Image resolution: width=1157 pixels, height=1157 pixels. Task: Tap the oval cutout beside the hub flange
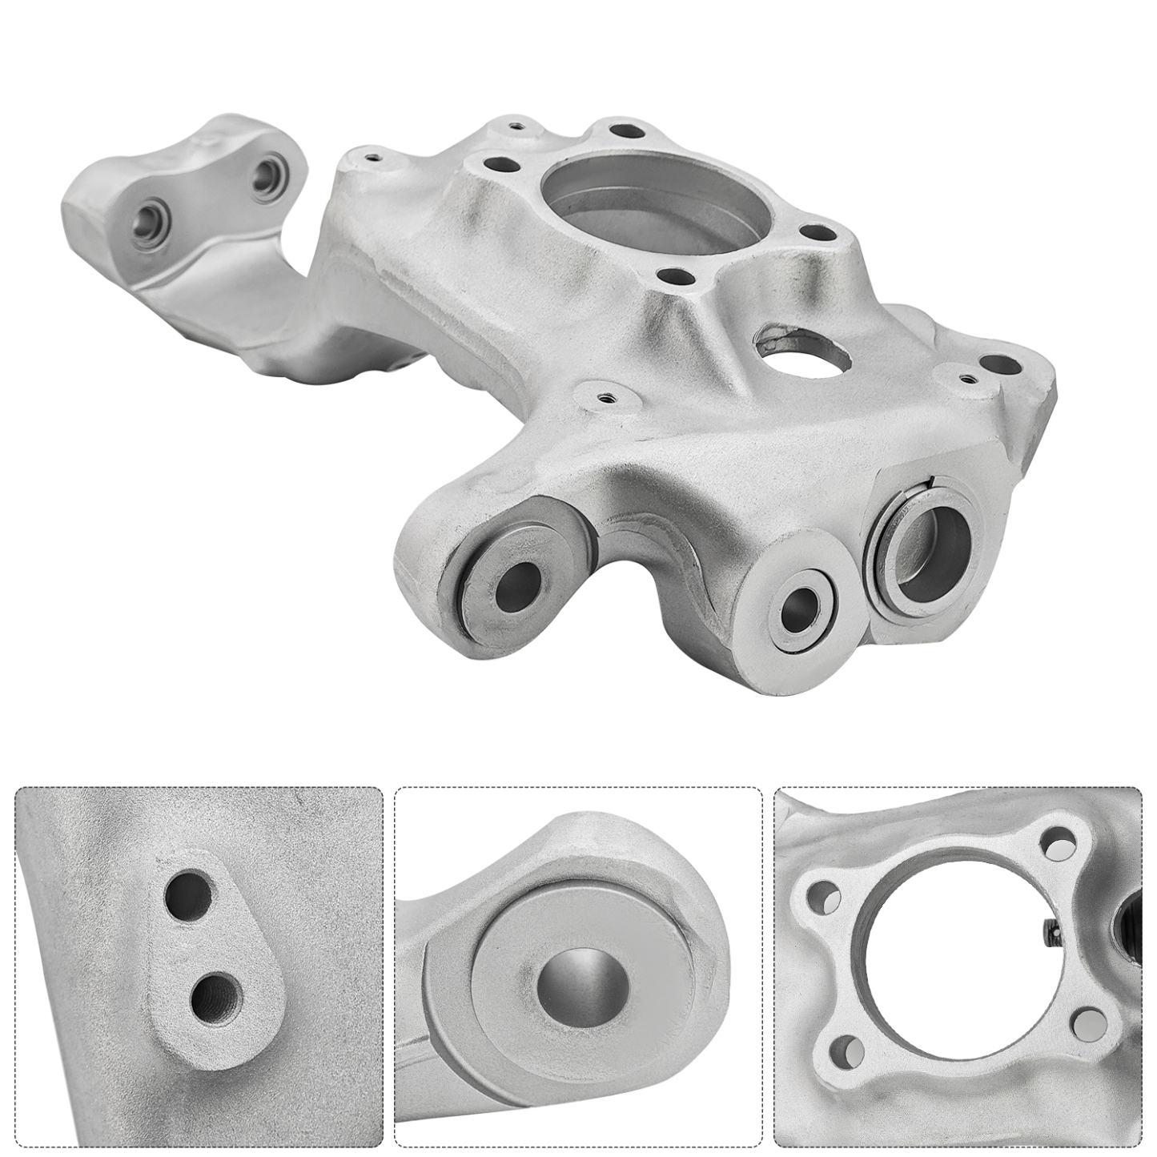[x=804, y=354]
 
